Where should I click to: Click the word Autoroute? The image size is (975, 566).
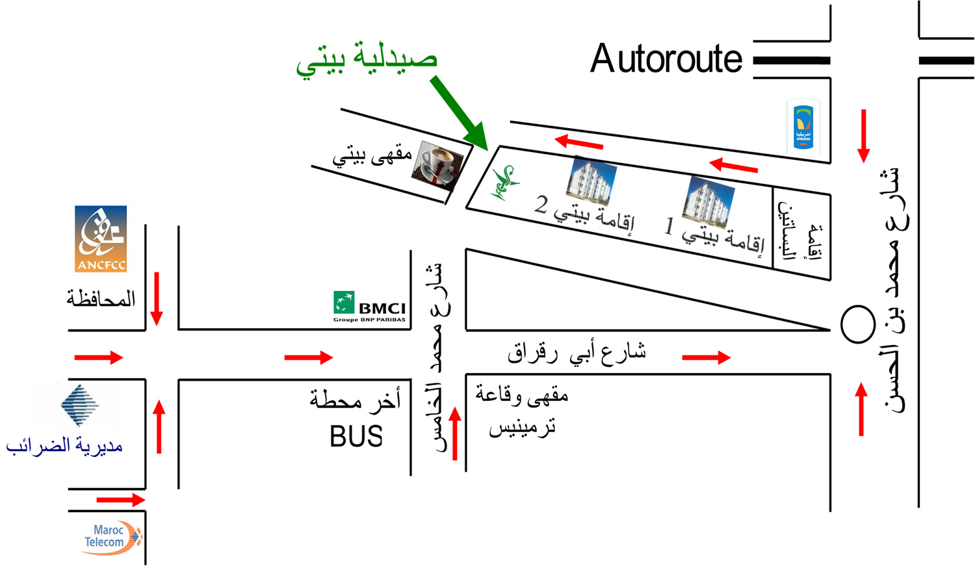click(666, 59)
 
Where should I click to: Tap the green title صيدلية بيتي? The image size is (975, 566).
click(367, 58)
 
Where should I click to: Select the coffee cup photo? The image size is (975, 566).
click(439, 165)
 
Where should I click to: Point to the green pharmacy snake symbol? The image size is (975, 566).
click(504, 183)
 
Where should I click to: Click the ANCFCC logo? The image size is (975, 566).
click(101, 238)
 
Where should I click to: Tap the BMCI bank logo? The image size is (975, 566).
click(370, 307)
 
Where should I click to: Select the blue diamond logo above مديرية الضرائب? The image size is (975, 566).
click(80, 404)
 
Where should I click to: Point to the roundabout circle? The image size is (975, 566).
click(857, 324)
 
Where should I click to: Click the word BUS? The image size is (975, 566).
click(356, 437)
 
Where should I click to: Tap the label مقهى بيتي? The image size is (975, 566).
click(372, 156)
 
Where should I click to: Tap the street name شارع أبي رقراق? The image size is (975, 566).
click(577, 353)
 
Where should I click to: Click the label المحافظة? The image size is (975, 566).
click(101, 299)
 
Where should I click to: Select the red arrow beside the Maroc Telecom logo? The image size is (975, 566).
click(120, 500)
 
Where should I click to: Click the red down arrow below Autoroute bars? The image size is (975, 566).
click(863, 136)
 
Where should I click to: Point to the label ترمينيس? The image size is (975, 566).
click(522, 427)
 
